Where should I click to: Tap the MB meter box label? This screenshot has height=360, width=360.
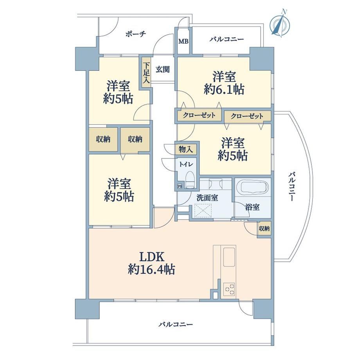coord(184,41)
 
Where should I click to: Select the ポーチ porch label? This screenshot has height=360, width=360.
coord(136,34)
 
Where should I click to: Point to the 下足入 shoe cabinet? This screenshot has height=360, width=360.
coord(146,72)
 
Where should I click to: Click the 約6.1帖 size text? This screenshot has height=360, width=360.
coord(224,90)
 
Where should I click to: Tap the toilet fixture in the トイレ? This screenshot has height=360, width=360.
coord(190,180)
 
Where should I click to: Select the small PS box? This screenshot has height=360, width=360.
coord(180,186)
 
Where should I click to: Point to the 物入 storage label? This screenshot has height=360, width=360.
coord(185,149)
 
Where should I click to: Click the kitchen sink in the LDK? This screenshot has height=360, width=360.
coord(229,257)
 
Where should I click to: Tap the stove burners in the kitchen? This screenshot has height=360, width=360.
coord(229,289)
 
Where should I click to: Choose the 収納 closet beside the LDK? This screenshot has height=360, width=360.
coord(264,229)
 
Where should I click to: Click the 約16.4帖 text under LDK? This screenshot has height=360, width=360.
coord(151,269)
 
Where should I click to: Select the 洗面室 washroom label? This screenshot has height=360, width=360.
coord(207,198)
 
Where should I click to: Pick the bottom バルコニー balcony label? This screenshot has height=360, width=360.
coord(176,324)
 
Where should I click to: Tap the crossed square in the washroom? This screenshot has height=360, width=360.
coord(203,211)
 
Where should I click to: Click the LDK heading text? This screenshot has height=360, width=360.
coord(152,257)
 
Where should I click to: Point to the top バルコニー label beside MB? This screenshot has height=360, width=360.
coord(227,39)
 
